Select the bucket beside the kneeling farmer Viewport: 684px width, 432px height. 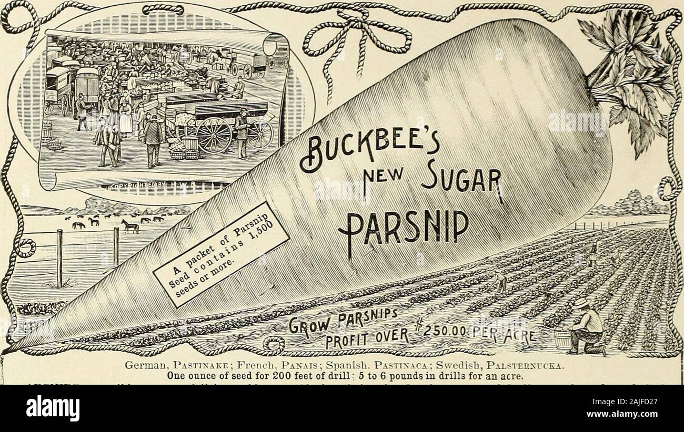point(561,340)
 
